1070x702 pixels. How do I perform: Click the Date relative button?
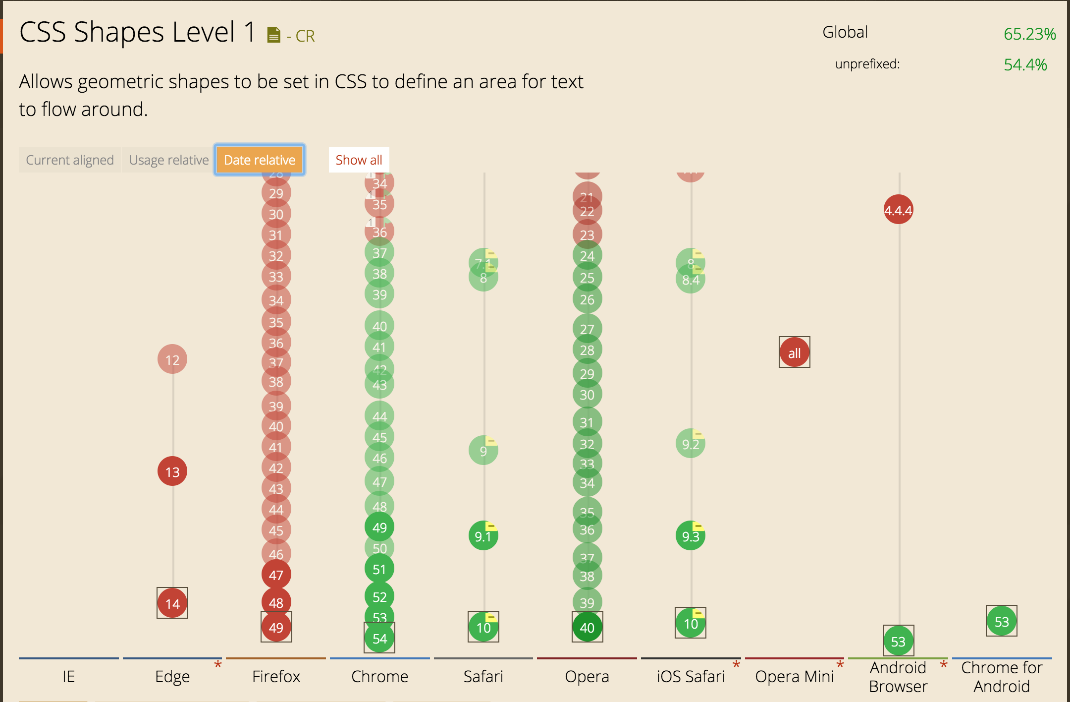pyautogui.click(x=260, y=160)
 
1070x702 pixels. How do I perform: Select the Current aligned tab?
pyautogui.click(x=70, y=160)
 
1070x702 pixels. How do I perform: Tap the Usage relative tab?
pyautogui.click(x=169, y=160)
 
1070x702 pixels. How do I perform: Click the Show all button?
pyautogui.click(x=359, y=160)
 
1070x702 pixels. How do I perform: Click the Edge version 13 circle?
pyautogui.click(x=172, y=471)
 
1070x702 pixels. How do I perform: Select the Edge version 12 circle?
pyautogui.click(x=172, y=359)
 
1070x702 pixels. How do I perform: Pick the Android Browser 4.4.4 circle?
pyautogui.click(x=898, y=210)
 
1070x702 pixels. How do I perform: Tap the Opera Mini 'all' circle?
pyautogui.click(x=794, y=352)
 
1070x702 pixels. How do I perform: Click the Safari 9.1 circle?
pyautogui.click(x=483, y=536)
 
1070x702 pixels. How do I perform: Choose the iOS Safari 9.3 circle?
pyautogui.click(x=690, y=536)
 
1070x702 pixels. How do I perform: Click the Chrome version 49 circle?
pyautogui.click(x=379, y=527)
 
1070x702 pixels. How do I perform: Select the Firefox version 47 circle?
pyautogui.click(x=276, y=575)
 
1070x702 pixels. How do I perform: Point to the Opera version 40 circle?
pyautogui.click(x=587, y=627)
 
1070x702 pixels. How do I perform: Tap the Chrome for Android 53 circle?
pyautogui.click(x=1001, y=621)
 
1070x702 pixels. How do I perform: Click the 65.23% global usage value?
pyautogui.click(x=1029, y=34)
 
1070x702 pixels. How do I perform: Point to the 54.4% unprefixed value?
pyautogui.click(x=1025, y=64)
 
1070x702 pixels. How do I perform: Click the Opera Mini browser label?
pyautogui.click(x=794, y=676)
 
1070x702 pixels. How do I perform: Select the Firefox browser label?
pyautogui.click(x=276, y=676)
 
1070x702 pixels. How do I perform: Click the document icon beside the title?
pyautogui.click(x=273, y=35)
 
